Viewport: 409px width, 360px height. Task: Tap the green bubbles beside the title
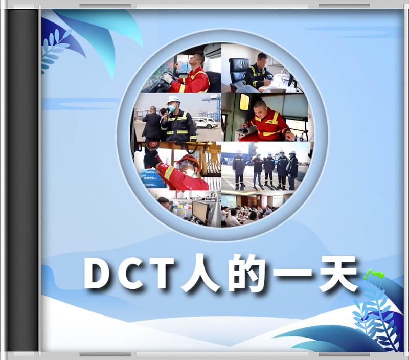(374, 274)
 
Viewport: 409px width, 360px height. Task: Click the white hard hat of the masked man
(173, 99)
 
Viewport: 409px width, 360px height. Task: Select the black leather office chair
(237, 71)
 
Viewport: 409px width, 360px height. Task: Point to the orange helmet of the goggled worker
(189, 161)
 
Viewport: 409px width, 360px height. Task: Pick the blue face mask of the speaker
(172, 107)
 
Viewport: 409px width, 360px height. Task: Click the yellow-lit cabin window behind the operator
(244, 102)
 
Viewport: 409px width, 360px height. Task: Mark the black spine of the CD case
(22, 180)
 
